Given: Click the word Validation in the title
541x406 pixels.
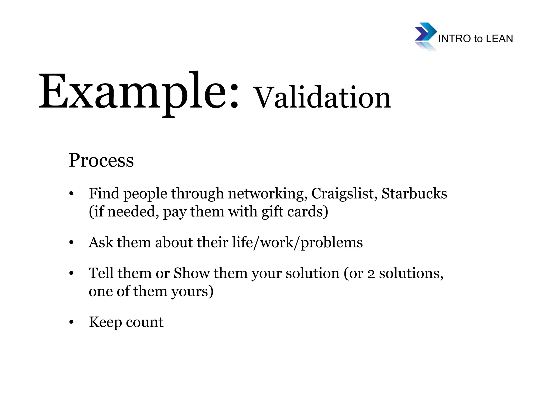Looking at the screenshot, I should point(322,98).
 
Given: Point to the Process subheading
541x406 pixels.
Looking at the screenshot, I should point(101,160).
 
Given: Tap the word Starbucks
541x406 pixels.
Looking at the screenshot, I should point(414,193).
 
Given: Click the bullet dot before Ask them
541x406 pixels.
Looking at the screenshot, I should point(71,243).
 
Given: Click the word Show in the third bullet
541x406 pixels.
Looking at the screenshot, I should point(192,273).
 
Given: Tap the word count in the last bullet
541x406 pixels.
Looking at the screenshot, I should point(144,322).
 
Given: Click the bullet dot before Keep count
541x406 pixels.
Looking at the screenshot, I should point(71,322).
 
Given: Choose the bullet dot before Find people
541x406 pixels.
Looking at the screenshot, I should point(71,194).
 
